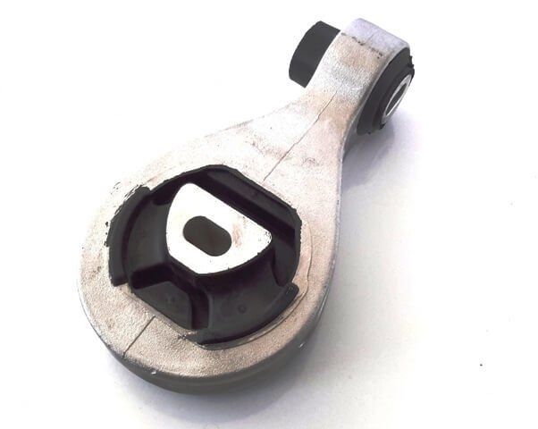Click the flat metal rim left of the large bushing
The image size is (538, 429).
click(x=98, y=268)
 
